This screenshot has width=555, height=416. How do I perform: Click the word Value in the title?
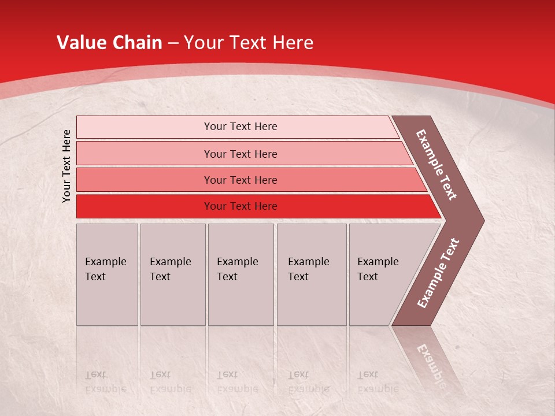(80, 43)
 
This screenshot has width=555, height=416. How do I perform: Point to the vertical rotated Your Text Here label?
(66, 166)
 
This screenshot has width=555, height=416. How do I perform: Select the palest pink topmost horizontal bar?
(240, 127)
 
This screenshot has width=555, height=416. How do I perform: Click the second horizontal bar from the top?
(240, 154)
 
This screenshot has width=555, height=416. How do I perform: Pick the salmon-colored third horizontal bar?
(240, 180)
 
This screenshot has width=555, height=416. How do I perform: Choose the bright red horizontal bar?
(240, 206)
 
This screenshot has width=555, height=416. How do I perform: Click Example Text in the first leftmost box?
(105, 269)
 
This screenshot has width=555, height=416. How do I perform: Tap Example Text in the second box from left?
(170, 269)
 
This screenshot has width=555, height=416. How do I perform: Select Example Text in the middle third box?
(237, 269)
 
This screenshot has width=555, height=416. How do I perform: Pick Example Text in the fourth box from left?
(308, 269)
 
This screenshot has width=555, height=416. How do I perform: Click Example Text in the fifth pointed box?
(378, 269)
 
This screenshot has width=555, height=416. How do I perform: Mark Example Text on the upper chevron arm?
(436, 165)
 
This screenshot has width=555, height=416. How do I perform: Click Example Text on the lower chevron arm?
(438, 273)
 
